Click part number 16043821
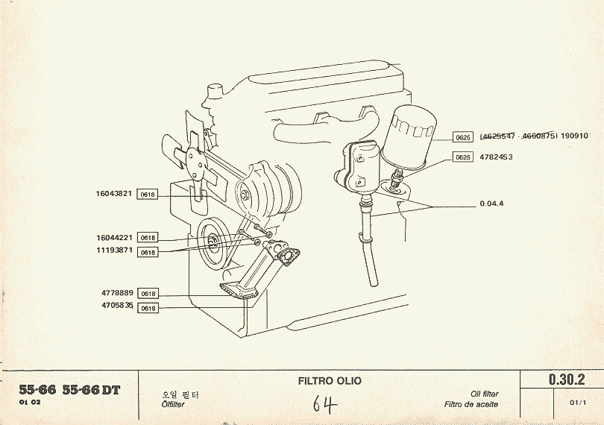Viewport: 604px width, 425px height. click(x=114, y=194)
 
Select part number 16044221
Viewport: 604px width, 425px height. click(x=114, y=237)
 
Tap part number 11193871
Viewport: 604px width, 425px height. click(x=114, y=251)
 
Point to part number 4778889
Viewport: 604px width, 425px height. click(x=117, y=293)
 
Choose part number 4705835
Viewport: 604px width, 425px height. click(x=117, y=306)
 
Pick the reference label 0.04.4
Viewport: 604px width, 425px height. click(x=492, y=204)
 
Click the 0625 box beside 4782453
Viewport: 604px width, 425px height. click(x=463, y=157)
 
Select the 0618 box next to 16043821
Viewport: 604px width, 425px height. click(x=148, y=195)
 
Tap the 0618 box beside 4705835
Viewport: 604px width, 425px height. click(x=148, y=307)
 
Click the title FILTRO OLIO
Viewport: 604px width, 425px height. click(x=330, y=381)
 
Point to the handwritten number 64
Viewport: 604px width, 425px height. click(x=325, y=404)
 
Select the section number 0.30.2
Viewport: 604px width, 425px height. click(x=567, y=380)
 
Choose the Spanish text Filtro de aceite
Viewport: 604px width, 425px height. click(x=471, y=405)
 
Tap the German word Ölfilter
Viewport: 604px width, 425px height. click(x=174, y=405)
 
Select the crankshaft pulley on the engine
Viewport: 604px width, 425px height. click(x=213, y=242)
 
